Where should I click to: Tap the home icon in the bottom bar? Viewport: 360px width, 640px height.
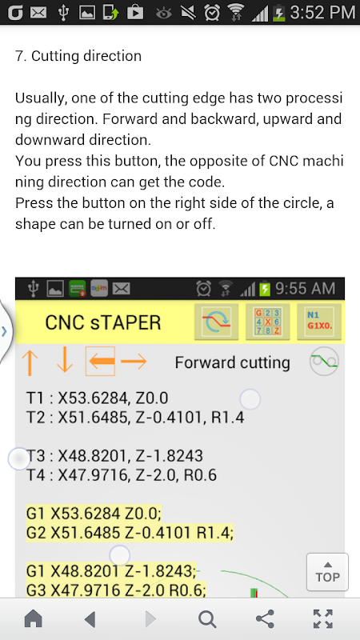[34, 618]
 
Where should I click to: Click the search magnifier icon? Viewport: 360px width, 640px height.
[207, 619]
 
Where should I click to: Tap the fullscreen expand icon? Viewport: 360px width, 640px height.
[323, 618]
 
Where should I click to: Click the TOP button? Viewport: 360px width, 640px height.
[327, 572]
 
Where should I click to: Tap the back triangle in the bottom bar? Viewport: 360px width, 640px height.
[90, 619]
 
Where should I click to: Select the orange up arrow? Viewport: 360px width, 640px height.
[30, 362]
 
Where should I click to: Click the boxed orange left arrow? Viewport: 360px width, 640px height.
[101, 362]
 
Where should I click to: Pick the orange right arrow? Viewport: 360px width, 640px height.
[134, 362]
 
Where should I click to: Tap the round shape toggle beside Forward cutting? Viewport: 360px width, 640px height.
[324, 362]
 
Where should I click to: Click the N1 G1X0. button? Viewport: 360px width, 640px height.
[319, 322]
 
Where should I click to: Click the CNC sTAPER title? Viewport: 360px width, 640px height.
[103, 322]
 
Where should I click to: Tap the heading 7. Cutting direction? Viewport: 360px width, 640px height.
[78, 56]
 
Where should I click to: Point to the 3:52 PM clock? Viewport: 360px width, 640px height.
[322, 13]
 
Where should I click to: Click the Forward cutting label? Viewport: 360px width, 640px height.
[232, 362]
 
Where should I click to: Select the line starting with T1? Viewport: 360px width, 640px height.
[97, 398]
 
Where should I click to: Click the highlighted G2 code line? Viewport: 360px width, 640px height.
[130, 532]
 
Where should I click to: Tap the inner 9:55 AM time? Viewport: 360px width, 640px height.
[306, 289]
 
